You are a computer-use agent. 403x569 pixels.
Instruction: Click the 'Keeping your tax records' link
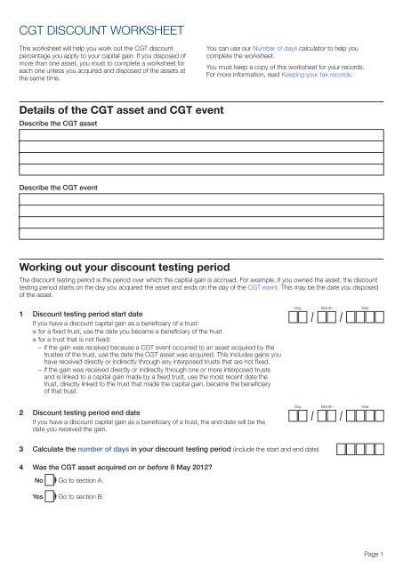325,76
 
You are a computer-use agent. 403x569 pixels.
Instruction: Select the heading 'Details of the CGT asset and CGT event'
127,111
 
